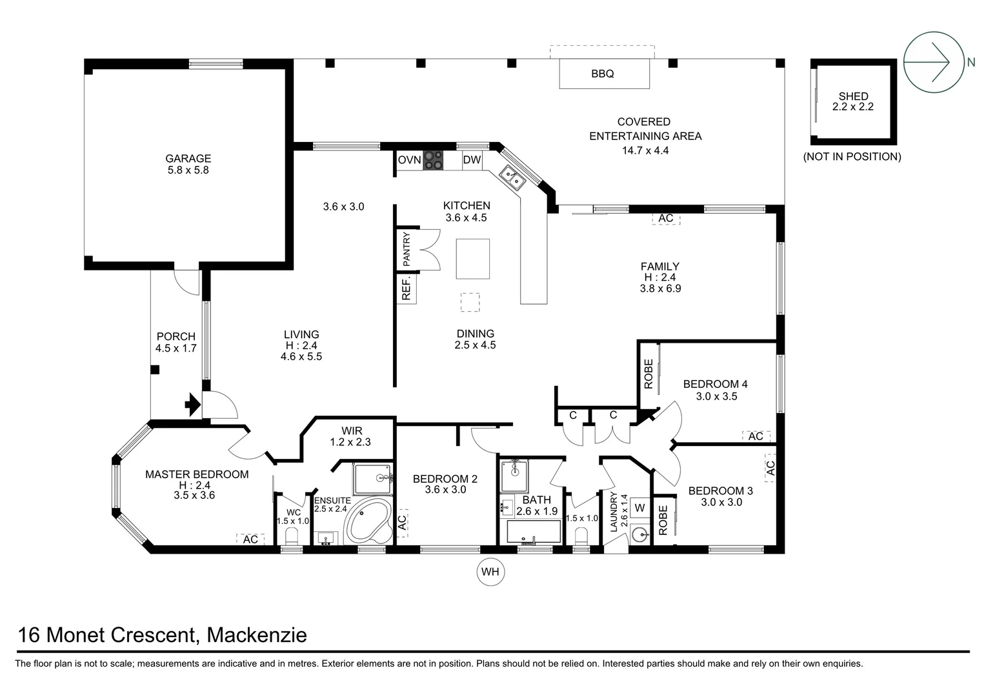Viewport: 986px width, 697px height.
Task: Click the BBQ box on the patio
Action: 603,74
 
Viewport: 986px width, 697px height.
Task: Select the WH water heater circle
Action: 490,572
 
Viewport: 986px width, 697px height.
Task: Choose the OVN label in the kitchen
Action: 409,160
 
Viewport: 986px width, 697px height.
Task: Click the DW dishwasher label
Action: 472,160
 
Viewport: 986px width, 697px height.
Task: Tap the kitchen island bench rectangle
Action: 473,258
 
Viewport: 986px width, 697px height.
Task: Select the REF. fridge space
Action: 407,288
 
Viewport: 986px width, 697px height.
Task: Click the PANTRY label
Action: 407,249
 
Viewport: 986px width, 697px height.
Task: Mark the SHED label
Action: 853,97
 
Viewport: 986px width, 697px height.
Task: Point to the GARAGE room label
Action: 188,159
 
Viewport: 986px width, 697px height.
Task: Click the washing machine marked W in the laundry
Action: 639,508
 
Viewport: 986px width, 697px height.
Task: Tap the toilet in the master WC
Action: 291,536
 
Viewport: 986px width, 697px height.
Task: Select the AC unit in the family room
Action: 666,218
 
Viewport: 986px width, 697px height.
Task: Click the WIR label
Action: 352,431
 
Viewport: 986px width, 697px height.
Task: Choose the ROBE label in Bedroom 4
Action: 649,374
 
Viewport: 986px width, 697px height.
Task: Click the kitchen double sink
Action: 514,177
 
